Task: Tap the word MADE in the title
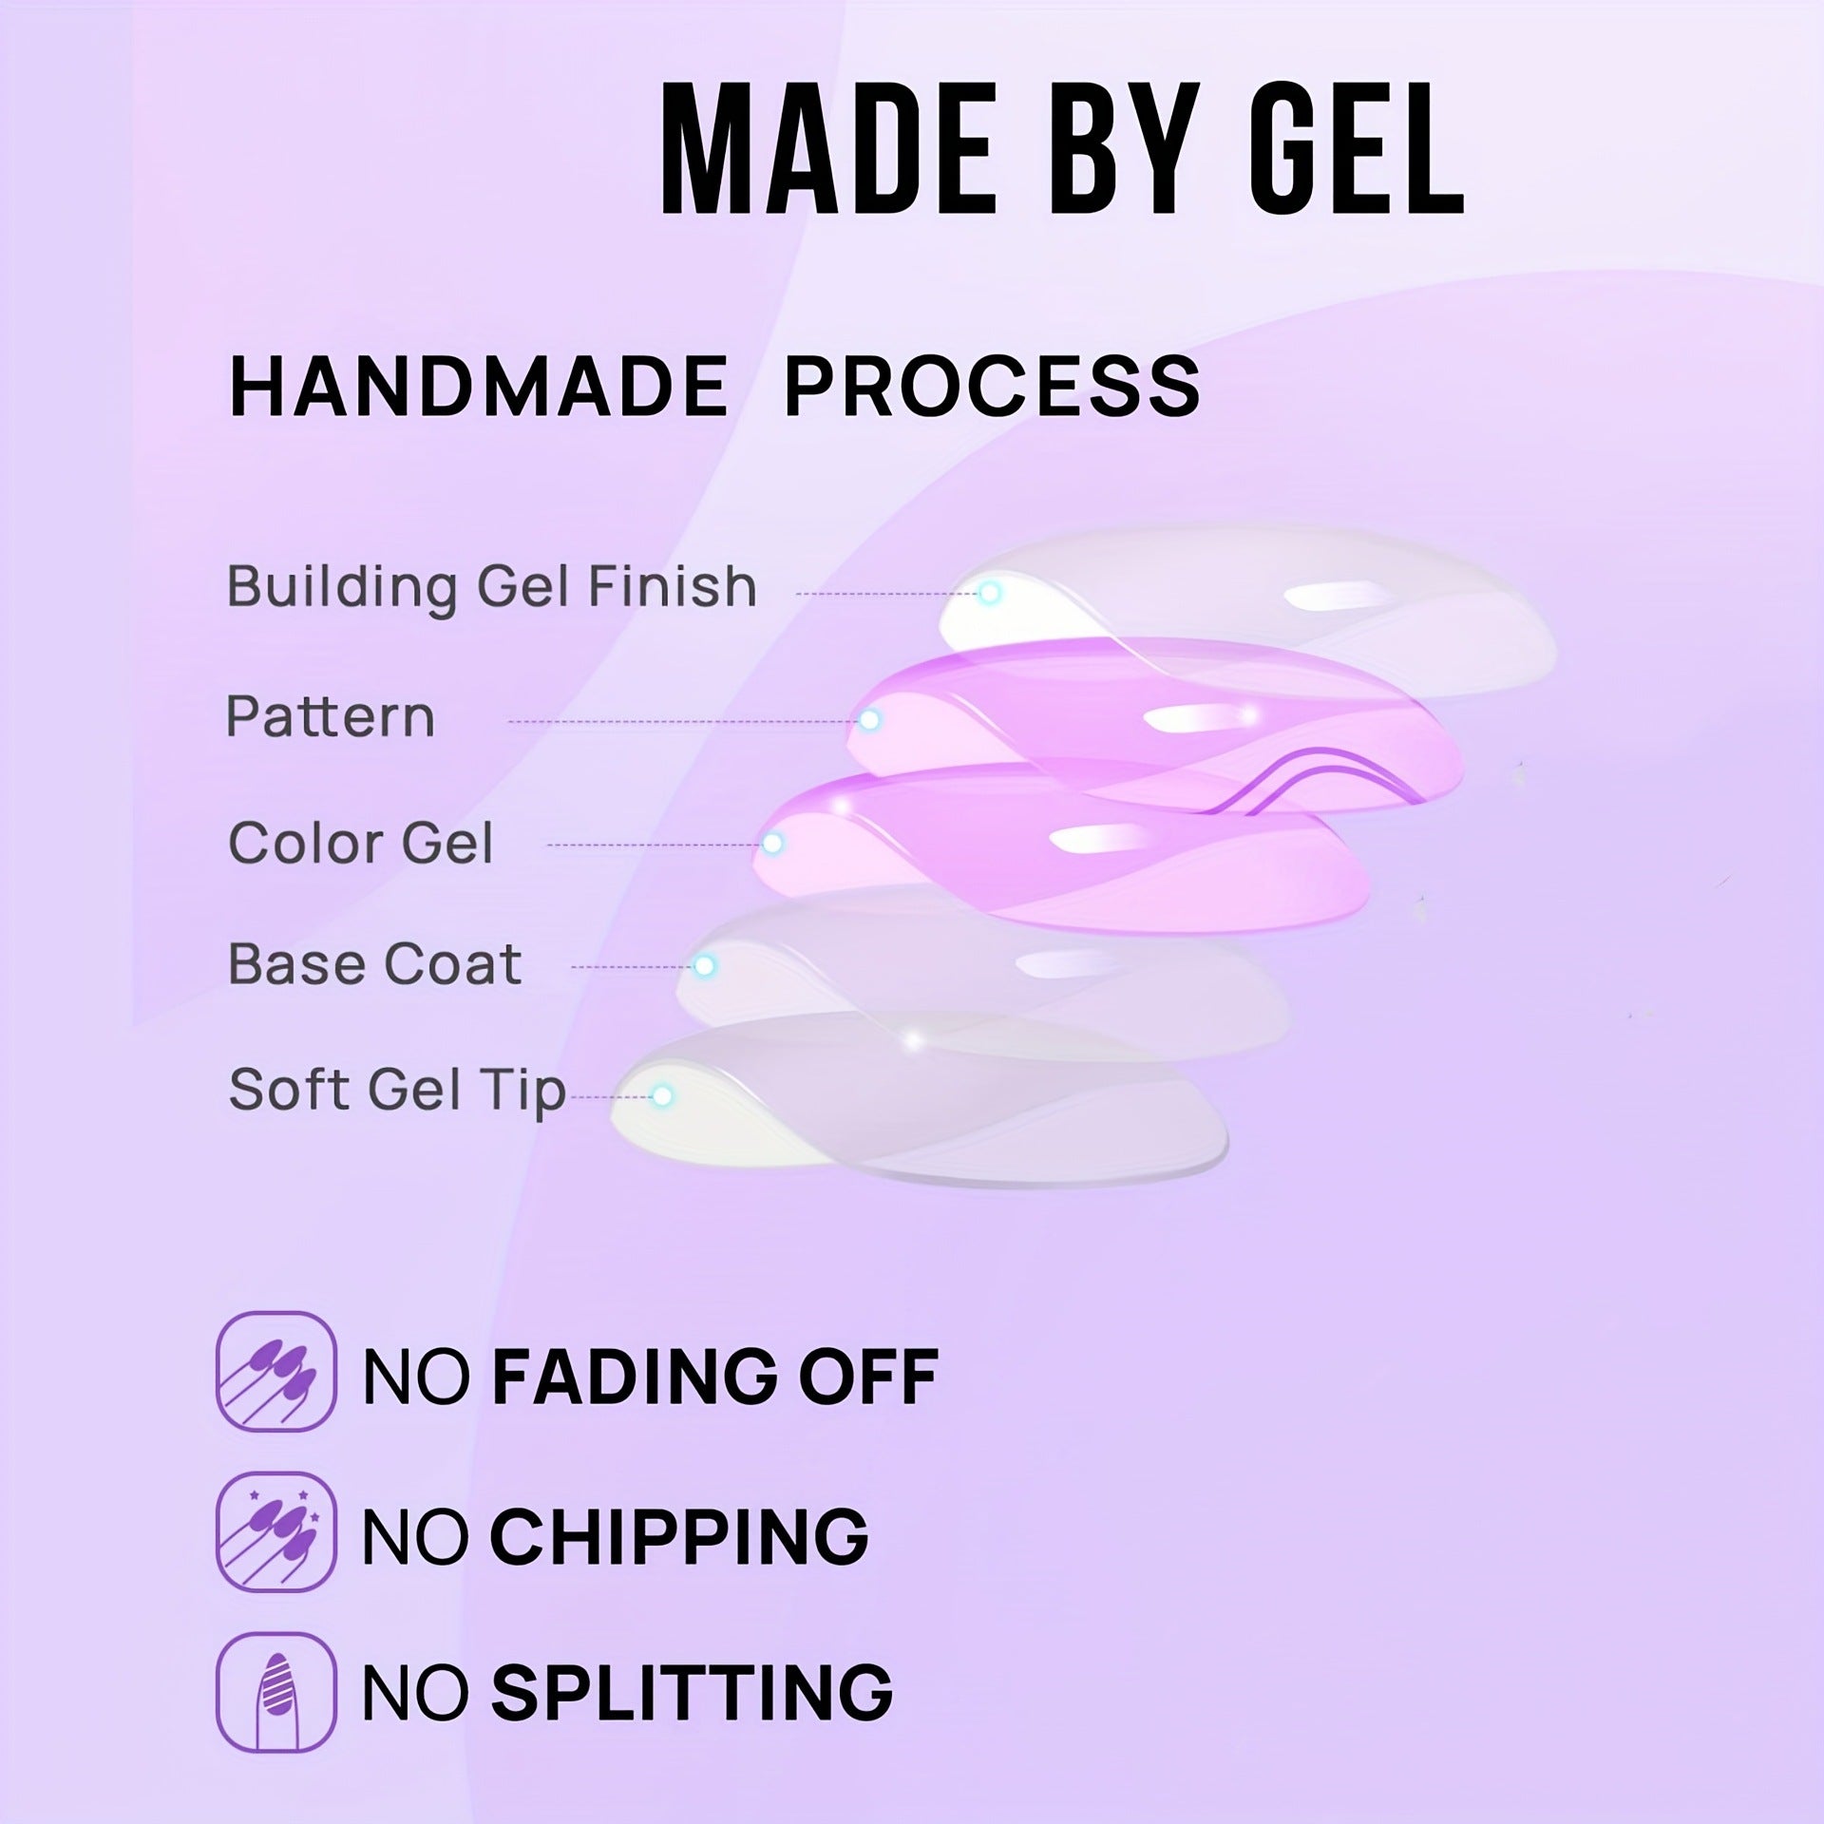click(828, 150)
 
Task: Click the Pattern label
click(330, 716)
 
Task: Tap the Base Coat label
click(375, 964)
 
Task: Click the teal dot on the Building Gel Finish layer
click(990, 594)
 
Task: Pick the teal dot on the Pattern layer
click(869, 721)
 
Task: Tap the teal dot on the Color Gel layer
click(773, 843)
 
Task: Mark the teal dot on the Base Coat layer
click(704, 966)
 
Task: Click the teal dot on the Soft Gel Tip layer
click(663, 1096)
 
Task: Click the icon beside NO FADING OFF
click(276, 1372)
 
